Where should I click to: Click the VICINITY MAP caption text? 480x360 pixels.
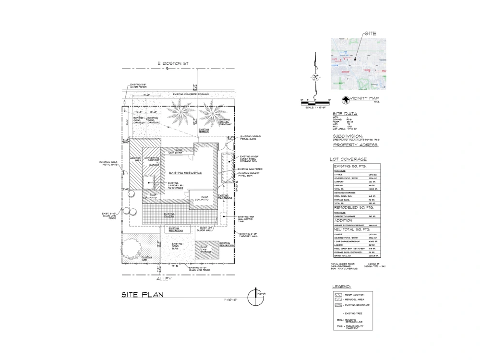365,99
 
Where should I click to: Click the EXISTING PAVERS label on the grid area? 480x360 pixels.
169,215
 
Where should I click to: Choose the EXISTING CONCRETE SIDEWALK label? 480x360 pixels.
191,95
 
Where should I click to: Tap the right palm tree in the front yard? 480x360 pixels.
209,114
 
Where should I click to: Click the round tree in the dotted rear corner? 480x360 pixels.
132,248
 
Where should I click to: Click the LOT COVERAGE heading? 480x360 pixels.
348,159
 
